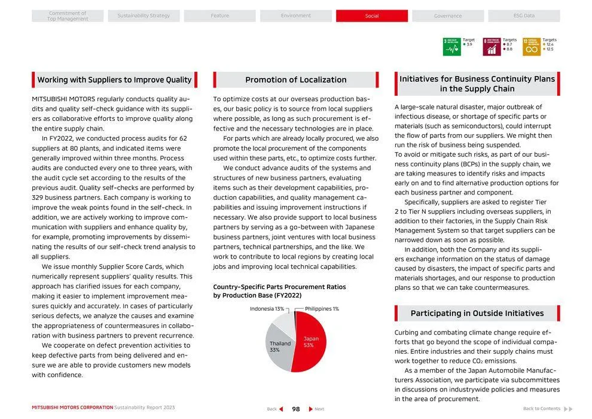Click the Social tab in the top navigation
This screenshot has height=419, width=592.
tap(371, 16)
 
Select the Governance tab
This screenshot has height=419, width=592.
tap(448, 16)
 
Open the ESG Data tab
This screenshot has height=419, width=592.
tap(524, 16)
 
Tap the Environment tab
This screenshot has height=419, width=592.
tap(295, 16)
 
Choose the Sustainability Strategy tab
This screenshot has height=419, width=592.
tap(144, 16)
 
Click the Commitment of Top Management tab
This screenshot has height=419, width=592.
tap(68, 16)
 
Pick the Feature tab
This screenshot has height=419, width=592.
tap(219, 16)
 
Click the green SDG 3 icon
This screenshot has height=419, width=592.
tap(451, 47)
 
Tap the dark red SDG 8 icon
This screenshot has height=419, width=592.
tap(492, 47)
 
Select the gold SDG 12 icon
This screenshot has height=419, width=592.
tap(531, 47)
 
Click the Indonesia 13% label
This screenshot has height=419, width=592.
tap(267, 309)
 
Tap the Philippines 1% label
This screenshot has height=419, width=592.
tap(322, 309)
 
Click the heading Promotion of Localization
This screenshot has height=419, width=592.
tap(295, 80)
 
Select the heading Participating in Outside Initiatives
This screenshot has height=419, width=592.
tap(477, 313)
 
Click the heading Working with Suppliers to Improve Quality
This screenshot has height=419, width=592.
tap(114, 80)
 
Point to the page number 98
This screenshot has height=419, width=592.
tap(295, 409)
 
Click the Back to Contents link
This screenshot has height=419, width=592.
tap(542, 409)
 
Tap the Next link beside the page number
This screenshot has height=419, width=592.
tap(316, 409)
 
